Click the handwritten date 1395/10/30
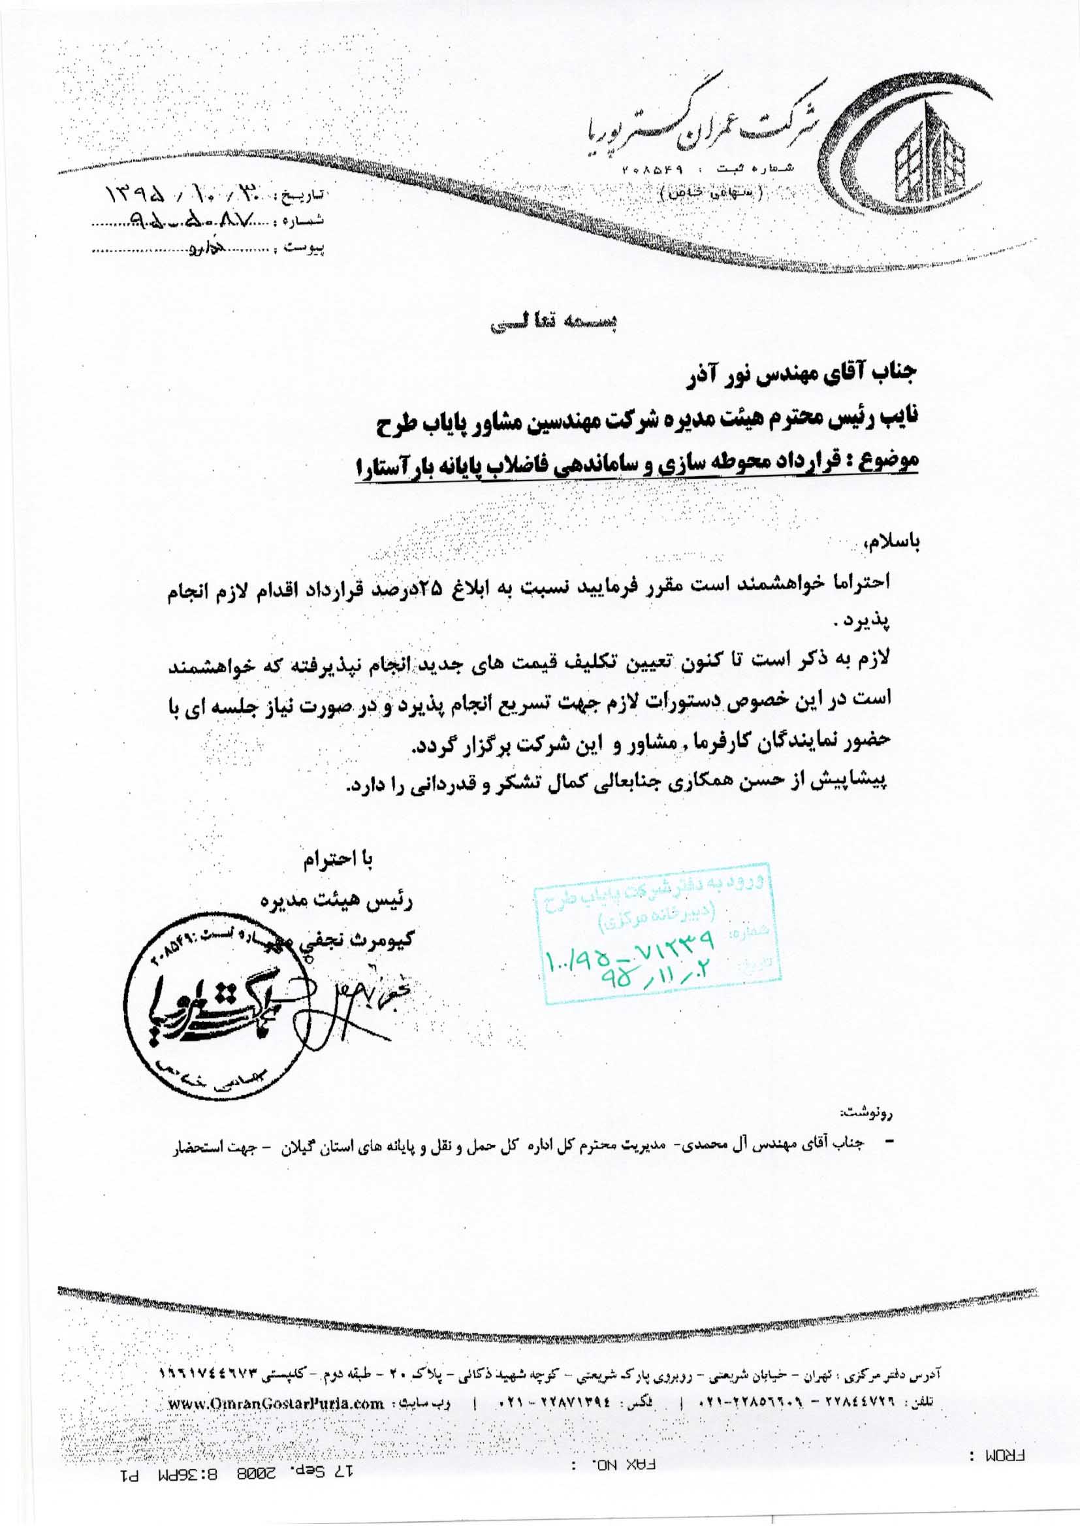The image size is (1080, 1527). coord(180,197)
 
